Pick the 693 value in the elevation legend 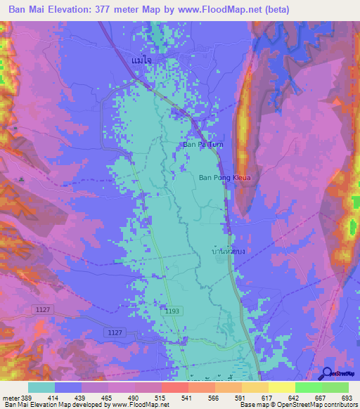point(347,398)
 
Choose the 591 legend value point(231,398)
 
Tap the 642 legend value point(285,398)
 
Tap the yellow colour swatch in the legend point(281,387)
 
